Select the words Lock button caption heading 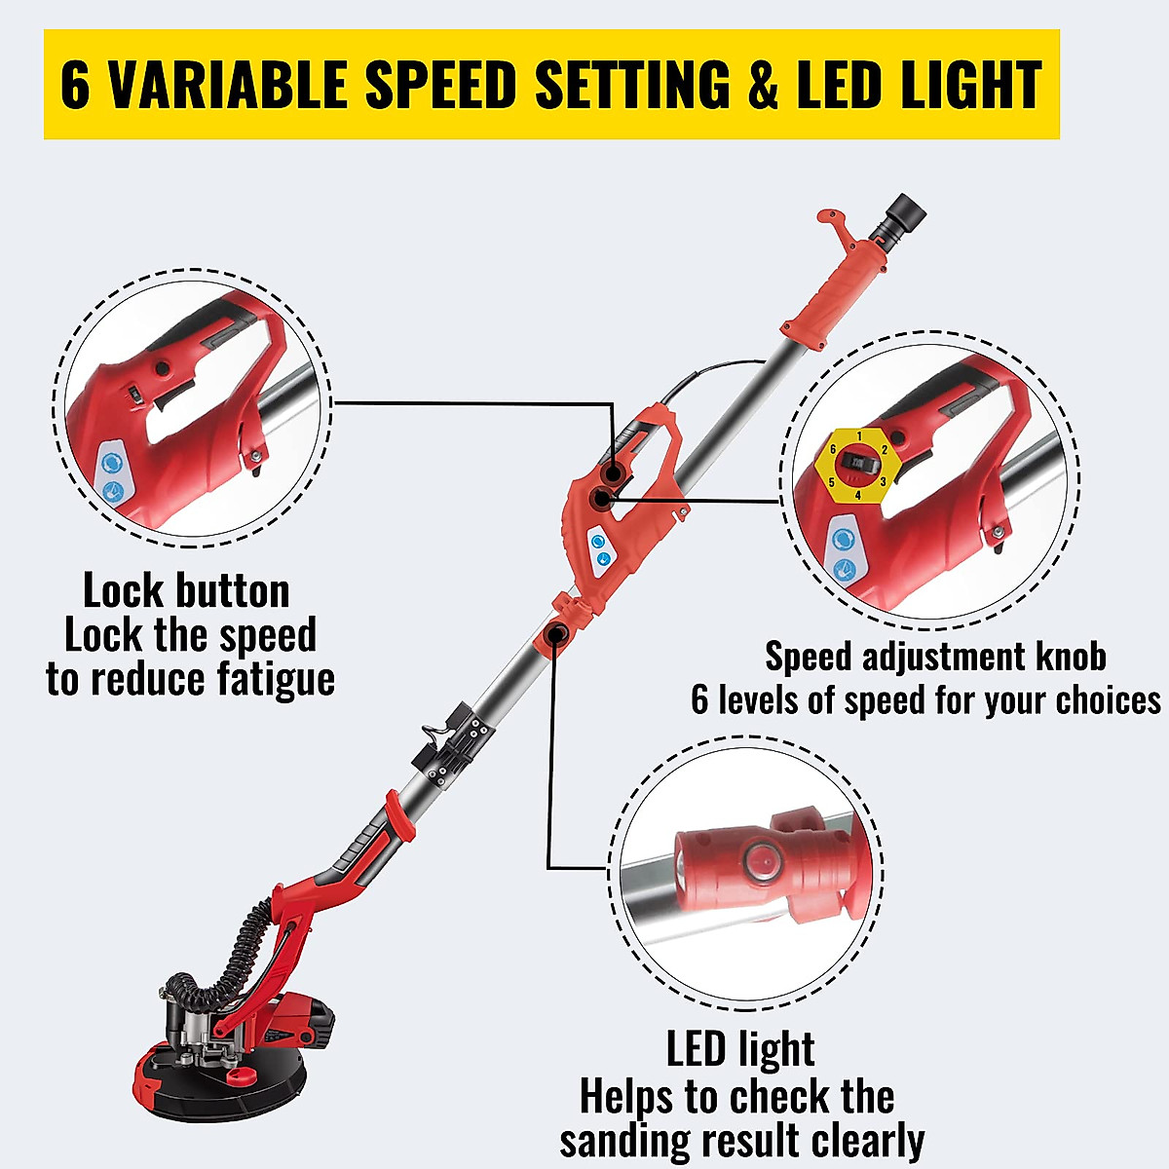point(186,591)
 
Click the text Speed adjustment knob point(935,657)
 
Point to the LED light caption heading point(740,1049)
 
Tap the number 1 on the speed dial point(858,434)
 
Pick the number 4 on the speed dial point(857,495)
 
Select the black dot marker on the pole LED point(556,635)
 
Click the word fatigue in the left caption point(276,679)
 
